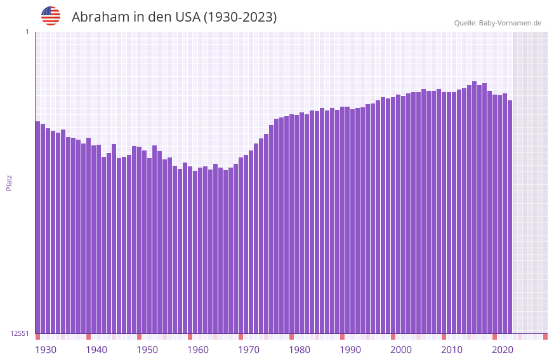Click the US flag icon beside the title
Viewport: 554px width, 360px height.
[x=51, y=16]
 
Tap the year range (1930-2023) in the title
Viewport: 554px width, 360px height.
[x=240, y=17]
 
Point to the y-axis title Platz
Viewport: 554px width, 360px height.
[x=9, y=182]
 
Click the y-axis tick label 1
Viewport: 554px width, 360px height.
[x=27, y=32]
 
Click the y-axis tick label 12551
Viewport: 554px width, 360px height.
[x=20, y=333]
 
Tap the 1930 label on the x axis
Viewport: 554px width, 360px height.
[x=46, y=350]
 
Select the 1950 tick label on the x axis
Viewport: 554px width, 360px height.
[x=147, y=350]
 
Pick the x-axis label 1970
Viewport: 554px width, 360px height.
[x=249, y=350]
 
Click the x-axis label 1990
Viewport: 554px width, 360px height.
[x=350, y=350]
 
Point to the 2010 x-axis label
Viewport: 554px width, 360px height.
[x=452, y=350]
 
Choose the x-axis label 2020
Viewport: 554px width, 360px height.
[x=503, y=350]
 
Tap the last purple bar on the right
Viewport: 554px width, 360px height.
[x=510, y=217]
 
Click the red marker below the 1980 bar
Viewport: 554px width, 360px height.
[x=291, y=337]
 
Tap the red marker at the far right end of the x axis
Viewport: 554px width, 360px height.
[x=545, y=337]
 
